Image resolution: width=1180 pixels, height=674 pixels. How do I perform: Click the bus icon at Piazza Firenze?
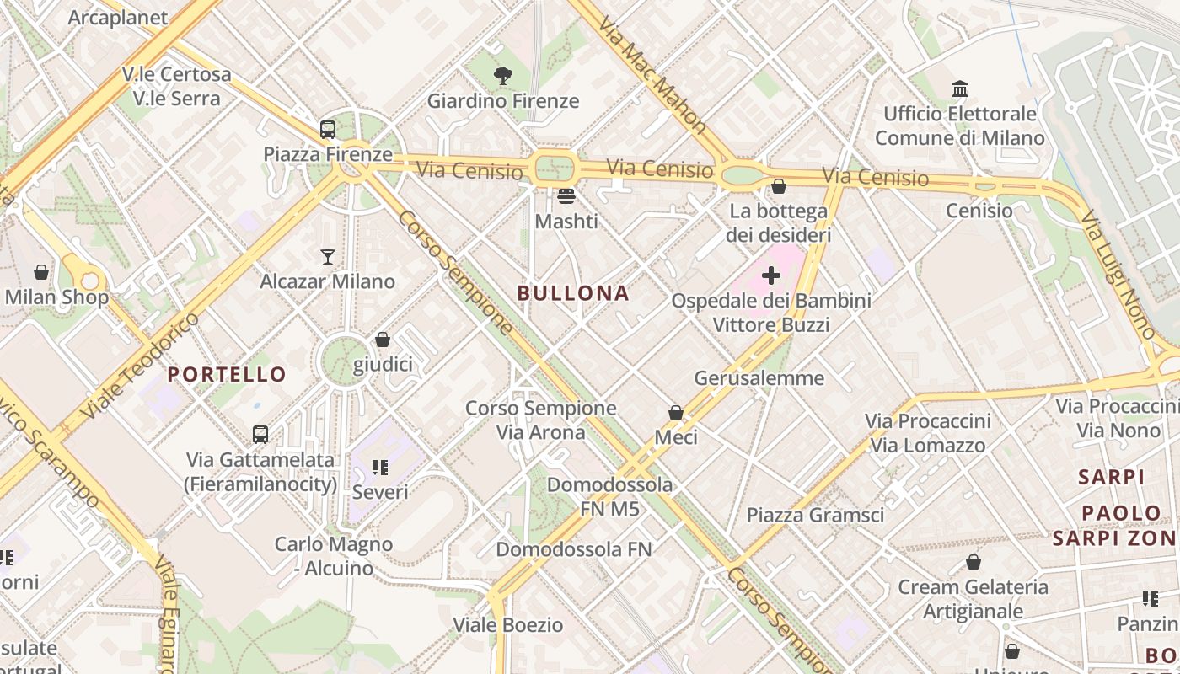(328, 130)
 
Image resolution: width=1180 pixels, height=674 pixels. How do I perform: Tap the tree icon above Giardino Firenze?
(503, 76)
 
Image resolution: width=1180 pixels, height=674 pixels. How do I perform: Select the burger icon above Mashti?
(566, 196)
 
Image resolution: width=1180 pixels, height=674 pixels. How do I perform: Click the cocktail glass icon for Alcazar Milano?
(328, 256)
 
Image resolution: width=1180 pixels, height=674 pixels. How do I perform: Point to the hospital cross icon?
(771, 275)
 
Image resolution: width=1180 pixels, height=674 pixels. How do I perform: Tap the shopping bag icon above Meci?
(676, 413)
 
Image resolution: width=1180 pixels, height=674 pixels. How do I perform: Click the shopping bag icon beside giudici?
(383, 340)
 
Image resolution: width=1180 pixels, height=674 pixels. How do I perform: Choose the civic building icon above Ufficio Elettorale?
(959, 88)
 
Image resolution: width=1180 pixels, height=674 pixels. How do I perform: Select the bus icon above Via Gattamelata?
(260, 435)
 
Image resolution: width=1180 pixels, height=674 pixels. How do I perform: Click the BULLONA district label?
(573, 293)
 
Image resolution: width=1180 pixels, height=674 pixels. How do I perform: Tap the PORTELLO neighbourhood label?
(227, 374)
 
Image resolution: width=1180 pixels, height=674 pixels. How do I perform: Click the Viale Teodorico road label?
(141, 366)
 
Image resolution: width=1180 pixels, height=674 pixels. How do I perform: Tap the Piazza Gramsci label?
(815, 515)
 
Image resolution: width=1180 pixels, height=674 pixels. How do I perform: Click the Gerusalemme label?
(759, 378)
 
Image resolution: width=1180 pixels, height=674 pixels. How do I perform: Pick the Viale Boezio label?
(508, 625)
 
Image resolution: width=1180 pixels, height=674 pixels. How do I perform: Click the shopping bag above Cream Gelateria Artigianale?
(973, 562)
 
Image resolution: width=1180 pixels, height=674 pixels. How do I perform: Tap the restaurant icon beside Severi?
(379, 467)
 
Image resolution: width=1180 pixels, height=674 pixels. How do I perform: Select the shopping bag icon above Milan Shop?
(40, 272)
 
